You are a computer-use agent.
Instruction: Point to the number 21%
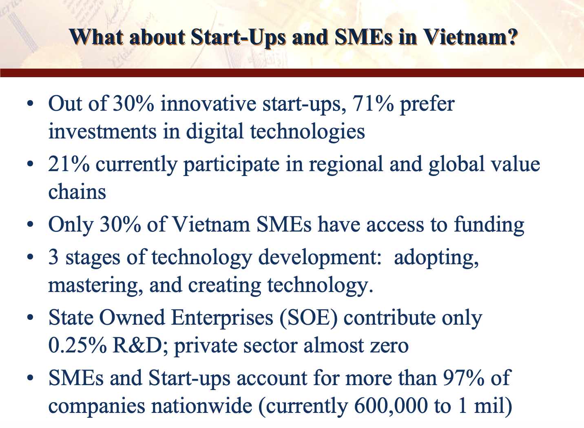coord(69,164)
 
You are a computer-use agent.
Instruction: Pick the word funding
coord(489,225)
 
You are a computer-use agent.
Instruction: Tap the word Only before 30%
coord(71,225)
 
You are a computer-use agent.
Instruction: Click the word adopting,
coord(436,259)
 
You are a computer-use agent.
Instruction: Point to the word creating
coord(224,286)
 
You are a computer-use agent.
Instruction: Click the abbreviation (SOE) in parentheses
coord(308,318)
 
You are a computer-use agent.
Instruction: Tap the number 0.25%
coord(77,345)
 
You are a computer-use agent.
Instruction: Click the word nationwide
coord(202,406)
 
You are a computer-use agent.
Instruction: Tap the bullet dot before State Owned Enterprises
coord(30,317)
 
